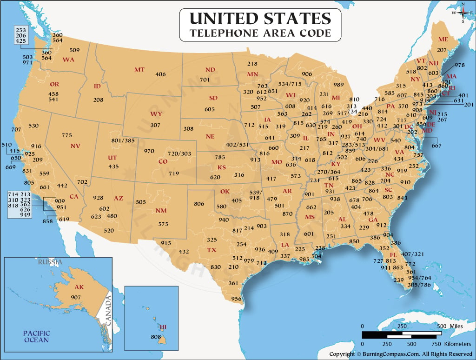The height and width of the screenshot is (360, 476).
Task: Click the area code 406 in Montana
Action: click(x=160, y=74)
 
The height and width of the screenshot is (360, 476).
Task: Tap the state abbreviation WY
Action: click(x=156, y=114)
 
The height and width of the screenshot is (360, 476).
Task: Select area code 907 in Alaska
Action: click(x=76, y=297)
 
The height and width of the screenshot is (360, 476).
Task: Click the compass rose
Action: click(x=463, y=13)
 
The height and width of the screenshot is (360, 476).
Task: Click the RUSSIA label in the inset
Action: click(x=50, y=262)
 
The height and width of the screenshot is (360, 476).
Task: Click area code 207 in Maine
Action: click(x=442, y=50)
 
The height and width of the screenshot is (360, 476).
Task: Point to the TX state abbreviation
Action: click(x=212, y=250)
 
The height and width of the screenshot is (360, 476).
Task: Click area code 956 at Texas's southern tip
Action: click(x=237, y=299)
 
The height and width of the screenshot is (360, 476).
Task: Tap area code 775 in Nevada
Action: click(x=67, y=135)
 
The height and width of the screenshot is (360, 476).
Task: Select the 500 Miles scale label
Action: click(x=448, y=326)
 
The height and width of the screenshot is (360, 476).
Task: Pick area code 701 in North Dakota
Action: click(x=205, y=80)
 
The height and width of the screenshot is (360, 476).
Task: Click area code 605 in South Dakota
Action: click(x=210, y=109)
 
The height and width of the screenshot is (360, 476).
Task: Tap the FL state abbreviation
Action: click(x=393, y=255)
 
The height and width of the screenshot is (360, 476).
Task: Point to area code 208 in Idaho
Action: click(x=98, y=100)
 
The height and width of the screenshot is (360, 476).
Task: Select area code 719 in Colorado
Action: click(x=174, y=173)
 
